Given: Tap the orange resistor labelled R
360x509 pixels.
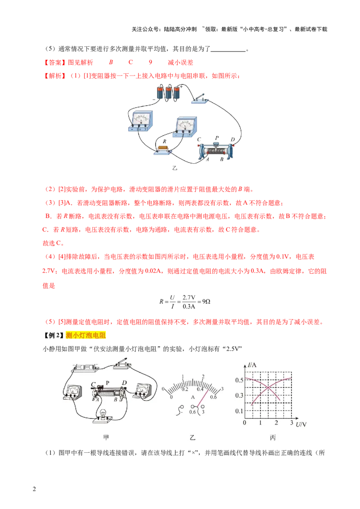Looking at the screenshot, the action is click(163, 148).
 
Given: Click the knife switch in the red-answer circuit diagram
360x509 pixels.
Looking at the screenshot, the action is click(199, 98).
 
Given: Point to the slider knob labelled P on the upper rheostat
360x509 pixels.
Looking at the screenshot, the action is click(216, 144).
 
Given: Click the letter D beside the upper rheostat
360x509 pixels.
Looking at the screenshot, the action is click(233, 139).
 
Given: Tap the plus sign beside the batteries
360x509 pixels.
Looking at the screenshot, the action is click(181, 87).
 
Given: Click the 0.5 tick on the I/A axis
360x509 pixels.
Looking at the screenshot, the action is click(239, 380).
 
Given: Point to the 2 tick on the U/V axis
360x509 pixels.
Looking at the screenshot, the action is click(276, 422).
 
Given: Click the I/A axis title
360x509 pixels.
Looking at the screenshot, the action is click(252, 365).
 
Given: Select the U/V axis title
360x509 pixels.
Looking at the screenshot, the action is click(301, 424).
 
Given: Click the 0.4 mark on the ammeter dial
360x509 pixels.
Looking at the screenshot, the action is click(200, 389).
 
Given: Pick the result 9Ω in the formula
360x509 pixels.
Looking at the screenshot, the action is click(206, 302).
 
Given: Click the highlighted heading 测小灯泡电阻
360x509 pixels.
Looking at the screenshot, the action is click(86, 335).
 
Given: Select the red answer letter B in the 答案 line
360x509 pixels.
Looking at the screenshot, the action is click(111, 63).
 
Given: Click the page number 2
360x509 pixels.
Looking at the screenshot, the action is click(35, 489).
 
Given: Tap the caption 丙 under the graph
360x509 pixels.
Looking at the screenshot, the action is click(273, 438).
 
